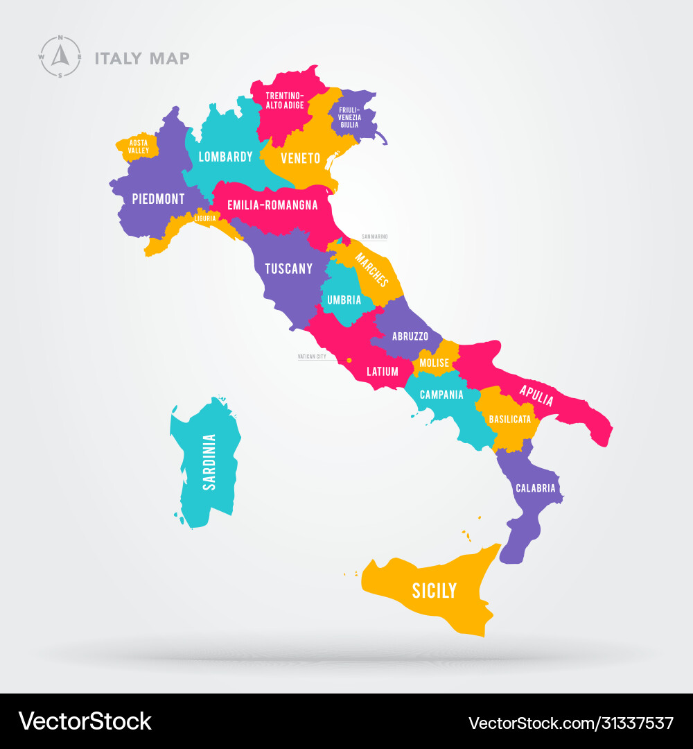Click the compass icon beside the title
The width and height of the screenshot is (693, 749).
coord(60,56)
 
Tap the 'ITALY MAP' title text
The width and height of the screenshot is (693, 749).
coord(142,58)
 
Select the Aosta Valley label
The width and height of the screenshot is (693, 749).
coord(139,146)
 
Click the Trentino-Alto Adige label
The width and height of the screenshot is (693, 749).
coord(285,100)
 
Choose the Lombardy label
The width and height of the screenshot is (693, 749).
coord(226,157)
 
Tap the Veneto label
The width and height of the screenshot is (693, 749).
coord(300,158)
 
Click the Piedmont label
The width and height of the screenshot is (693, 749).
coord(159,199)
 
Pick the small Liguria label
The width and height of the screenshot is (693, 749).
coord(205,218)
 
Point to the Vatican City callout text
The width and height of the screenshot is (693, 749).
coord(312,356)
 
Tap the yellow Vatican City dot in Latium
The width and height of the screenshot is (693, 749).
coord(349,360)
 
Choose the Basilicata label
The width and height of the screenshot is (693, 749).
coord(510,419)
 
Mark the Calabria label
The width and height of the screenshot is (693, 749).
coord(536,488)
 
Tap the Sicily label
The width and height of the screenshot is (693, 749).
coord(435,591)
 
